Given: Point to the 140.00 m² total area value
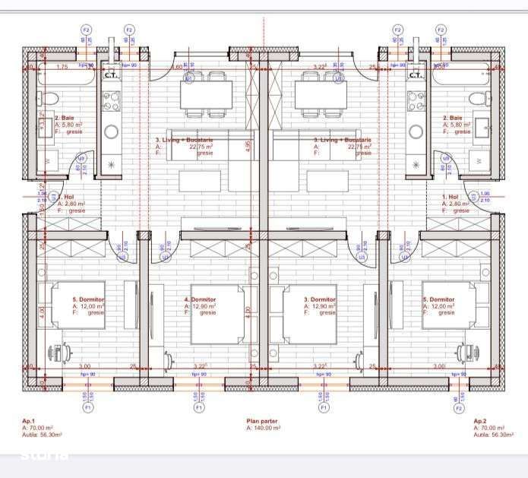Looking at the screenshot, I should tap(266, 428).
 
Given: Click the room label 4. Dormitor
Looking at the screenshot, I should tap(201, 299).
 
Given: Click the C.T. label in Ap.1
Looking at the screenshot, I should tap(110, 75).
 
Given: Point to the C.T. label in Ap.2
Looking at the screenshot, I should tap(416, 75).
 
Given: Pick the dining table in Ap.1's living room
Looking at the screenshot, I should tap(206, 95).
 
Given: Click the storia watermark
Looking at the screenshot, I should tap(45, 455).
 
